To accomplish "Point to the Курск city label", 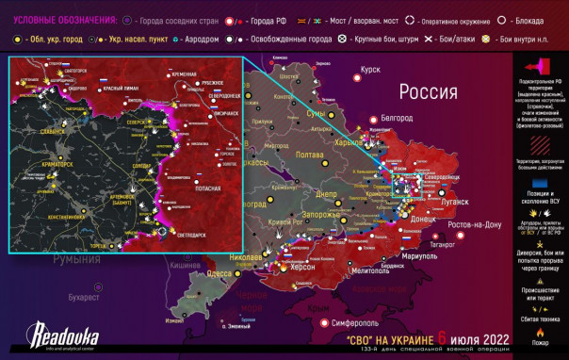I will (369, 69).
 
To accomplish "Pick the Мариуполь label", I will (416, 256).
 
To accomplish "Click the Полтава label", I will (311, 155).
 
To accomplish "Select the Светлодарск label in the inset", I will (188, 228).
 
